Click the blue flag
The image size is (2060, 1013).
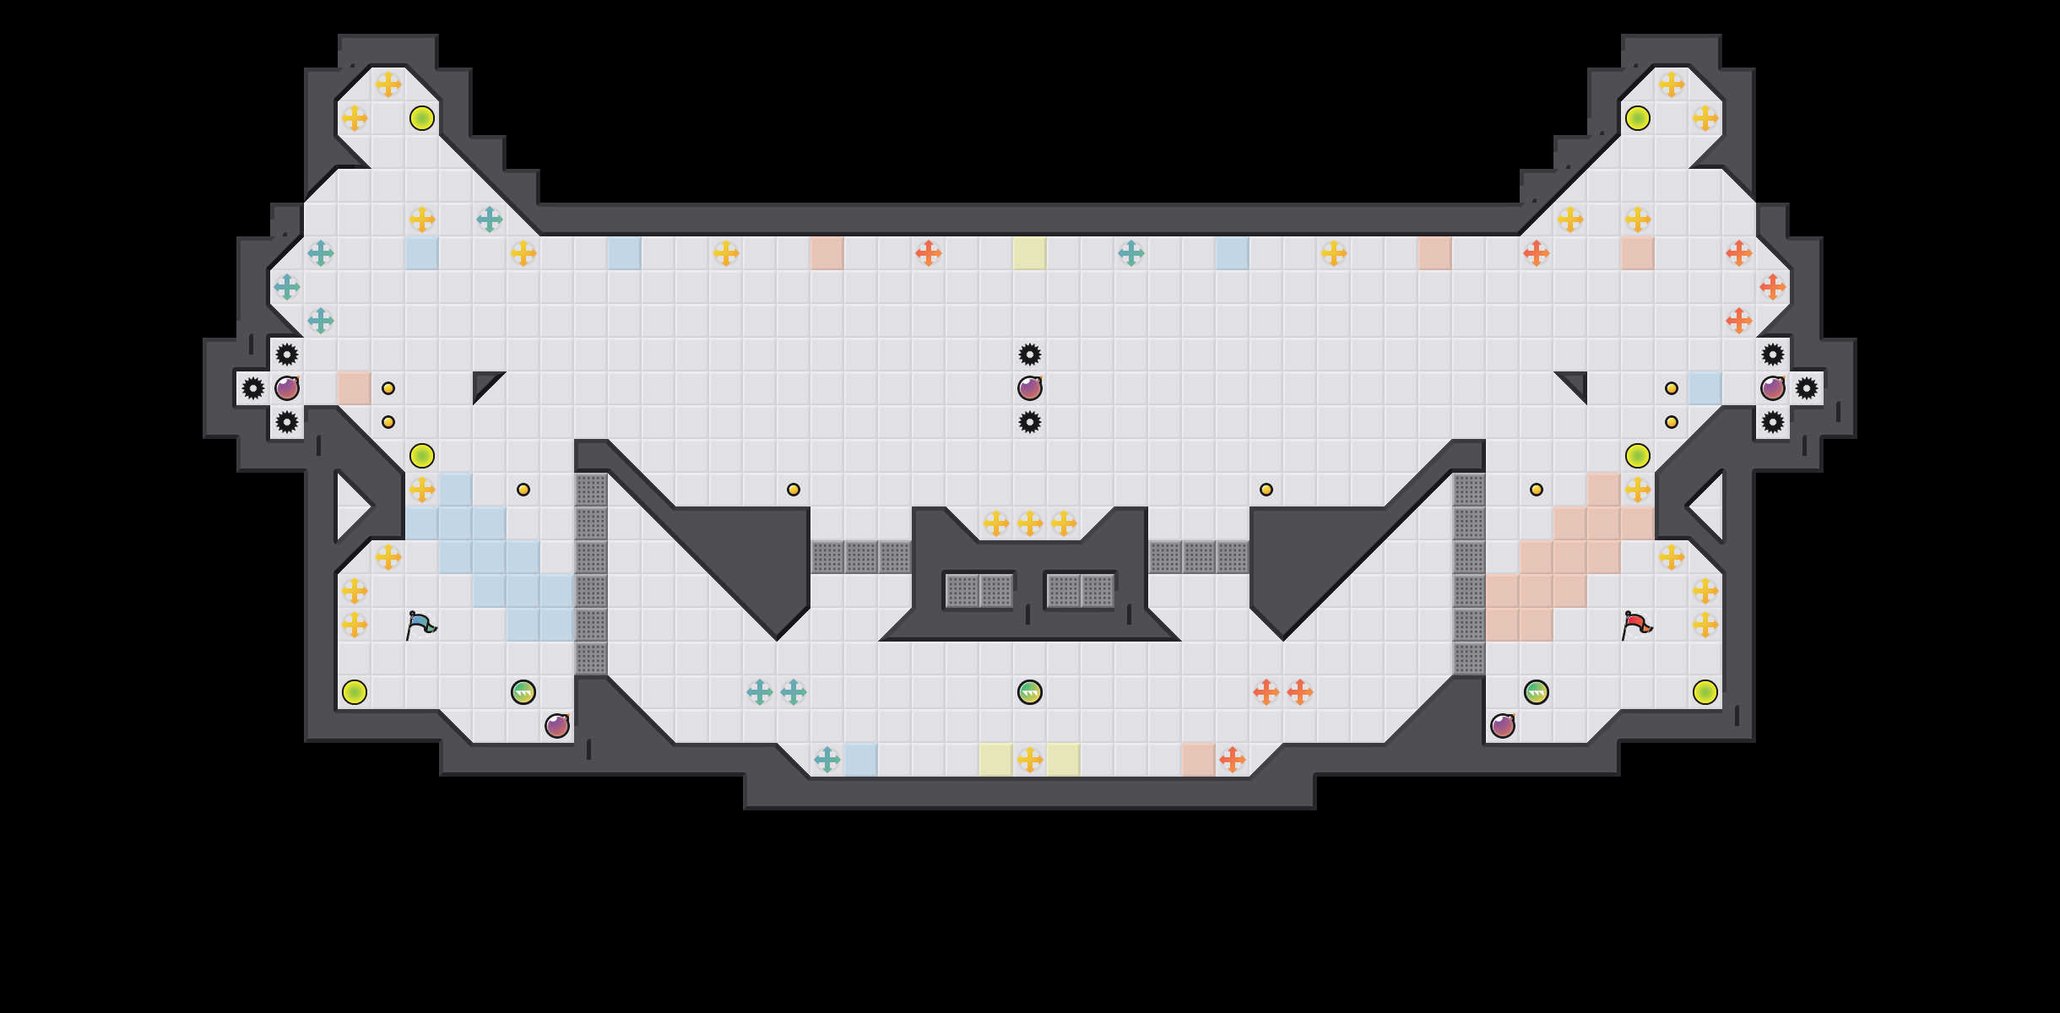[420, 626]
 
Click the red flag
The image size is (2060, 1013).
[1635, 626]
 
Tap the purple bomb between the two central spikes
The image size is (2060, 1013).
[1030, 388]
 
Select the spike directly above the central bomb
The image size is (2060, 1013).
[1030, 355]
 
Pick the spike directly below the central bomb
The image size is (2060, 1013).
[1030, 422]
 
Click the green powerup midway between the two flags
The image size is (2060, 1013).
[1030, 692]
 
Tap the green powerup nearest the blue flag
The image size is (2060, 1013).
[523, 692]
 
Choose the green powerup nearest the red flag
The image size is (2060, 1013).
[1537, 692]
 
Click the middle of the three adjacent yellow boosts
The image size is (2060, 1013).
[1030, 523]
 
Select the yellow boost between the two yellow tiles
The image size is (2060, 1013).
[1030, 760]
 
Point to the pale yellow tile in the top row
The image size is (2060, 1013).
[1030, 253]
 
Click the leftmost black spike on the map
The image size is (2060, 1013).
[253, 388]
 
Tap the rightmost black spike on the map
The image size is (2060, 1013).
[1807, 388]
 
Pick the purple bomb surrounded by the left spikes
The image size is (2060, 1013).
[287, 388]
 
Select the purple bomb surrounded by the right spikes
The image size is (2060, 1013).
[1773, 388]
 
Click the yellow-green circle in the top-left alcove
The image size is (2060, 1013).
[422, 118]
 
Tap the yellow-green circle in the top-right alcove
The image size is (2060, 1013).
[1638, 118]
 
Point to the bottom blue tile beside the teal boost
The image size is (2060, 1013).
[861, 760]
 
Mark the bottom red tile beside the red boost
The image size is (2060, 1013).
[1199, 760]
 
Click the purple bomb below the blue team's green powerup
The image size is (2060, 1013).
[557, 726]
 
